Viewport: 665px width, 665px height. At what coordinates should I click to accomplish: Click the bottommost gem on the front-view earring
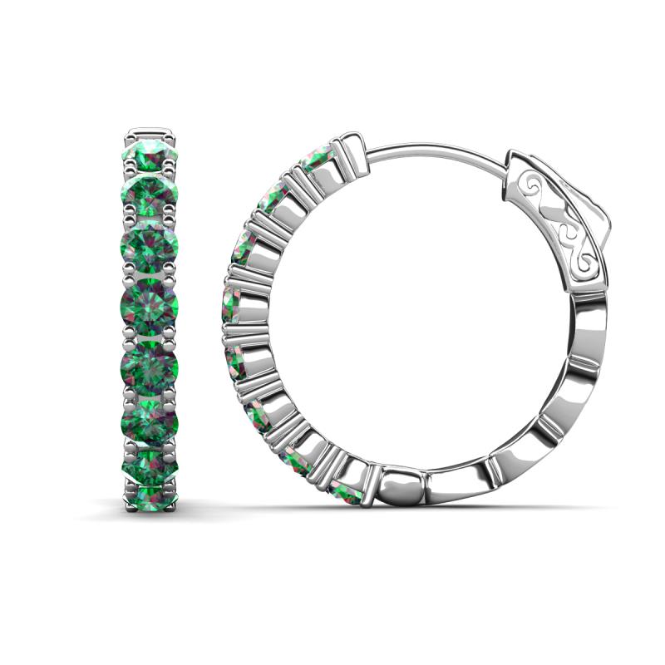point(152,494)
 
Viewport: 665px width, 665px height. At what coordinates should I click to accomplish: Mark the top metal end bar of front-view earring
point(152,131)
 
